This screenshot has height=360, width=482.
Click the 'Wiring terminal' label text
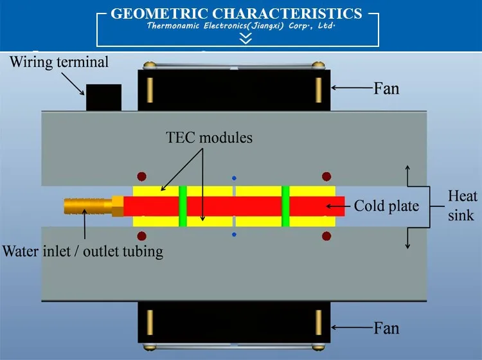[59, 62]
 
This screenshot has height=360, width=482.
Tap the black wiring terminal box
[103, 97]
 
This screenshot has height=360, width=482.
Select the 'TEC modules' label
[210, 138]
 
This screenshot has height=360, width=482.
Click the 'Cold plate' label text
[386, 206]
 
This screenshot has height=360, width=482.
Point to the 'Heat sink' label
[462, 204]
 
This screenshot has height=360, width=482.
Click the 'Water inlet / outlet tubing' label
[83, 250]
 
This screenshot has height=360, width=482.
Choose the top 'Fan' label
[386, 88]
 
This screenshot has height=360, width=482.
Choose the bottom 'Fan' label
[386, 328]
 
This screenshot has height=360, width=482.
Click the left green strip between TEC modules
[183, 206]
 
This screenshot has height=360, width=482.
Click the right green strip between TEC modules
[285, 206]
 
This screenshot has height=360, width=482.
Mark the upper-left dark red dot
[142, 176]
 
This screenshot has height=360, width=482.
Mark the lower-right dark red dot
[326, 236]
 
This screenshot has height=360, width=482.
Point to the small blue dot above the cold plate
[235, 177]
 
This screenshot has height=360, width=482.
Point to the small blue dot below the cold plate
[235, 235]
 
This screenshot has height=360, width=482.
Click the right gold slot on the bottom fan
[318, 321]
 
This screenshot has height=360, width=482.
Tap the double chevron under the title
[245, 39]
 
